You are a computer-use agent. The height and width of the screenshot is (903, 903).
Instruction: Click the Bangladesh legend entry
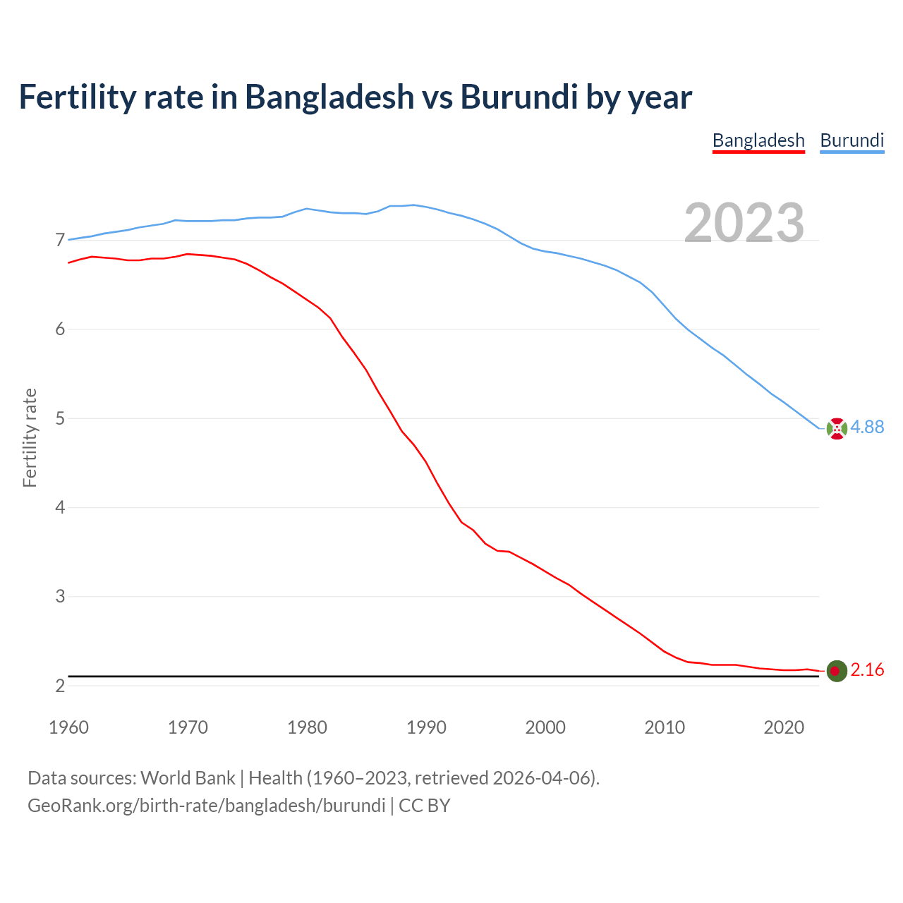point(758,140)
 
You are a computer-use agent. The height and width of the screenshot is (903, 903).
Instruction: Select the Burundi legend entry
point(852,140)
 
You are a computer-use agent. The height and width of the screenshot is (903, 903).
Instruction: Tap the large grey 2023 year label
point(744,223)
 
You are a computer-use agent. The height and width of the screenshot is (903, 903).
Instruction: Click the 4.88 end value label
point(867,427)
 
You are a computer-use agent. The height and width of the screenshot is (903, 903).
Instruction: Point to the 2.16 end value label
point(867,669)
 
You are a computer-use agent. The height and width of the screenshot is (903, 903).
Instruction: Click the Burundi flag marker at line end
point(837,428)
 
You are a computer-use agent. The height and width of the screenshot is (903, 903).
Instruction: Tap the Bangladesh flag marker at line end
point(837,671)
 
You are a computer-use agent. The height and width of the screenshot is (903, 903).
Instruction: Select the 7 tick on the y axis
point(60,241)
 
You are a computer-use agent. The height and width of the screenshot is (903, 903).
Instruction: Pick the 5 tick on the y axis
point(60,418)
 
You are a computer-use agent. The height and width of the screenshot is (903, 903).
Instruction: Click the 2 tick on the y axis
point(60,686)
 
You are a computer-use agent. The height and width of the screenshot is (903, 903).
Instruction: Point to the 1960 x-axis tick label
point(68,727)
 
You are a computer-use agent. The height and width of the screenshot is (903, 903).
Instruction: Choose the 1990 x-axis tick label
point(426,727)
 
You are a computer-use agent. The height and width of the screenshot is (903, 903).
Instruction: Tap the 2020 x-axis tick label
point(784,727)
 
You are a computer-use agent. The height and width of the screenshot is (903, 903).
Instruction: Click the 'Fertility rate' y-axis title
point(30,437)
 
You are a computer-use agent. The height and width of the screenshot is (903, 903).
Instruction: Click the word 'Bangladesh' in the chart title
point(329,97)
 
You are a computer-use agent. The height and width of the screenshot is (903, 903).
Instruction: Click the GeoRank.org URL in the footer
point(206,806)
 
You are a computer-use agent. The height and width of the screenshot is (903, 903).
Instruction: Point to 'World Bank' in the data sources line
point(188,778)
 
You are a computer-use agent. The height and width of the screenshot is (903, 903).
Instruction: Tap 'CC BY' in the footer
point(424,806)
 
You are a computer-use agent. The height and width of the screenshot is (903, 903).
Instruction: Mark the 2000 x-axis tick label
point(545,727)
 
